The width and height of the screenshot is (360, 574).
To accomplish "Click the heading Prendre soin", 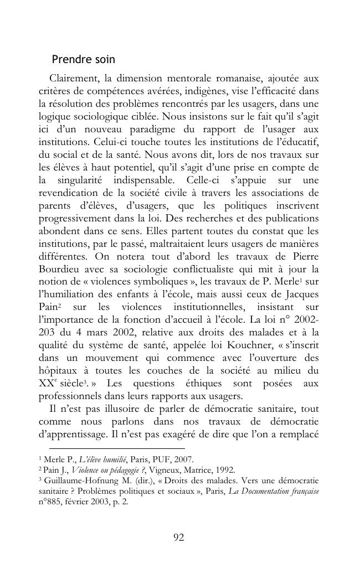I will click(x=83, y=59).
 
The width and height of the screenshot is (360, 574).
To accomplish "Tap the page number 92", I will click(x=179, y=537).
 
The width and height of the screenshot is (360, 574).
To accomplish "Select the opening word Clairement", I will click(x=74, y=77).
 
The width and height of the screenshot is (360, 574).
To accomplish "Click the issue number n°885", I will click(x=51, y=501).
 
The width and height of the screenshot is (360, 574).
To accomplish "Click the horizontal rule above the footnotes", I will click(x=117, y=448).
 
